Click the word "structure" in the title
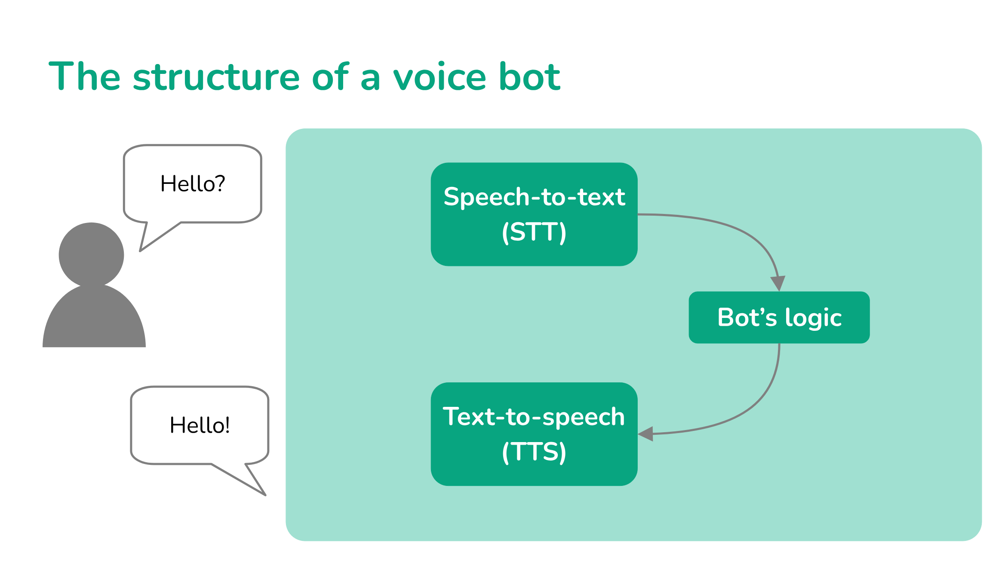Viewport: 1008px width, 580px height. pos(216,77)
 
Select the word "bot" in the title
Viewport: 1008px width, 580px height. pos(529,77)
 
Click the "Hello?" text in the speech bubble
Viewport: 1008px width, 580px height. pos(193,184)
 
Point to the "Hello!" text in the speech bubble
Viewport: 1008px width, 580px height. pos(200,425)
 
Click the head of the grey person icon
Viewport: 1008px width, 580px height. pos(91,254)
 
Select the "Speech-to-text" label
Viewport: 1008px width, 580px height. pos(534,197)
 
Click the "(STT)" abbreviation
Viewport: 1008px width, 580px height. pos(534,232)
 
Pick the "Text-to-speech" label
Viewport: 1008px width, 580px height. pos(534,417)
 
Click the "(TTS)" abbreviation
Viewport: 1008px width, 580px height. pos(534,452)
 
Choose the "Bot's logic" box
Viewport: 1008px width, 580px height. pos(779,317)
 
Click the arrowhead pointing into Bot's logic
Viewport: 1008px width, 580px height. pos(778,283)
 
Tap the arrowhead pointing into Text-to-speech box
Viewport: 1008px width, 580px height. pos(646,434)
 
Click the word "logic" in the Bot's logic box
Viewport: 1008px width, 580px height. pos(813,318)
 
